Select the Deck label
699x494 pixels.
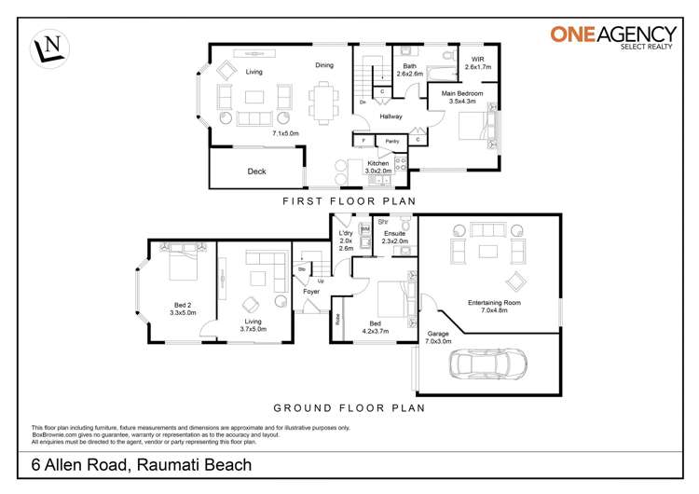[x=256, y=172]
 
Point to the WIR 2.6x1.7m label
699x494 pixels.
[x=478, y=63]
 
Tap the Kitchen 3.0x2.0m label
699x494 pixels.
[x=378, y=167]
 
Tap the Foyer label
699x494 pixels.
[x=311, y=292]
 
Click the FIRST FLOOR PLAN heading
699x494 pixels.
[x=349, y=200]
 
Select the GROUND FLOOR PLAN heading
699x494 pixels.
[x=349, y=407]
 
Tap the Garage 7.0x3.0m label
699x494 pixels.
[x=439, y=337]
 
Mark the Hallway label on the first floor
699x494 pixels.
[x=391, y=117]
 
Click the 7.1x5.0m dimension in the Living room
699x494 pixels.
[x=285, y=133]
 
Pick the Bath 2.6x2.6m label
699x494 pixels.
[x=409, y=69]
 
